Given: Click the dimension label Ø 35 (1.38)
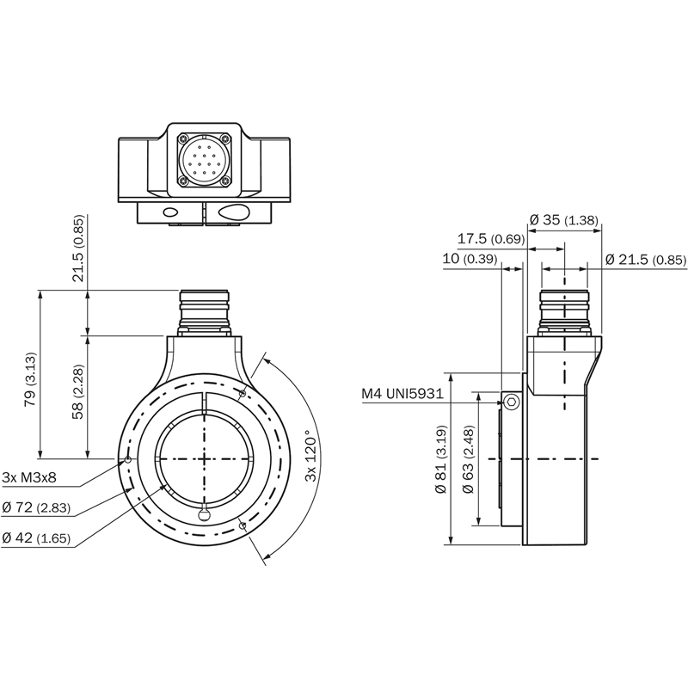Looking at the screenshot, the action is point(564,219).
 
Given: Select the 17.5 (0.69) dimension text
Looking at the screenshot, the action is point(491,239).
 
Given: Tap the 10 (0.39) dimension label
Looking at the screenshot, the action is point(470,259).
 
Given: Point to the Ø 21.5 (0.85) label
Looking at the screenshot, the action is point(646,260).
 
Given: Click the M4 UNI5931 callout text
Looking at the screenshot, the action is point(402,394).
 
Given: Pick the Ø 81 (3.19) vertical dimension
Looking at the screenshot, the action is point(441,459).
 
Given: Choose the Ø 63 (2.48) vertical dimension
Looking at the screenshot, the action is point(469,459).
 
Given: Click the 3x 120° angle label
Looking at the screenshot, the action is point(310,456).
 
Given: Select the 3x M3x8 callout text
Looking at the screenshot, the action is point(29,477).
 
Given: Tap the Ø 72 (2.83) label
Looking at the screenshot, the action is point(36,507).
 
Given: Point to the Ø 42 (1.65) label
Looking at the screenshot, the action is point(36,537).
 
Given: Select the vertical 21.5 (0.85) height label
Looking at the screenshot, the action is point(77,249).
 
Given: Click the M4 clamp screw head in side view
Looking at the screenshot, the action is point(511,402).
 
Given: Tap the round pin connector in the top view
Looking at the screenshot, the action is point(204,160).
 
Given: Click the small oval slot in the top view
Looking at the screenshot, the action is point(170,212).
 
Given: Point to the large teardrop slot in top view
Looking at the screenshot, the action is point(234,212).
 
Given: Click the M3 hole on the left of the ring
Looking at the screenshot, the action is point(127,460).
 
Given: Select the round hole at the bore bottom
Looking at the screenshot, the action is point(204,513).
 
